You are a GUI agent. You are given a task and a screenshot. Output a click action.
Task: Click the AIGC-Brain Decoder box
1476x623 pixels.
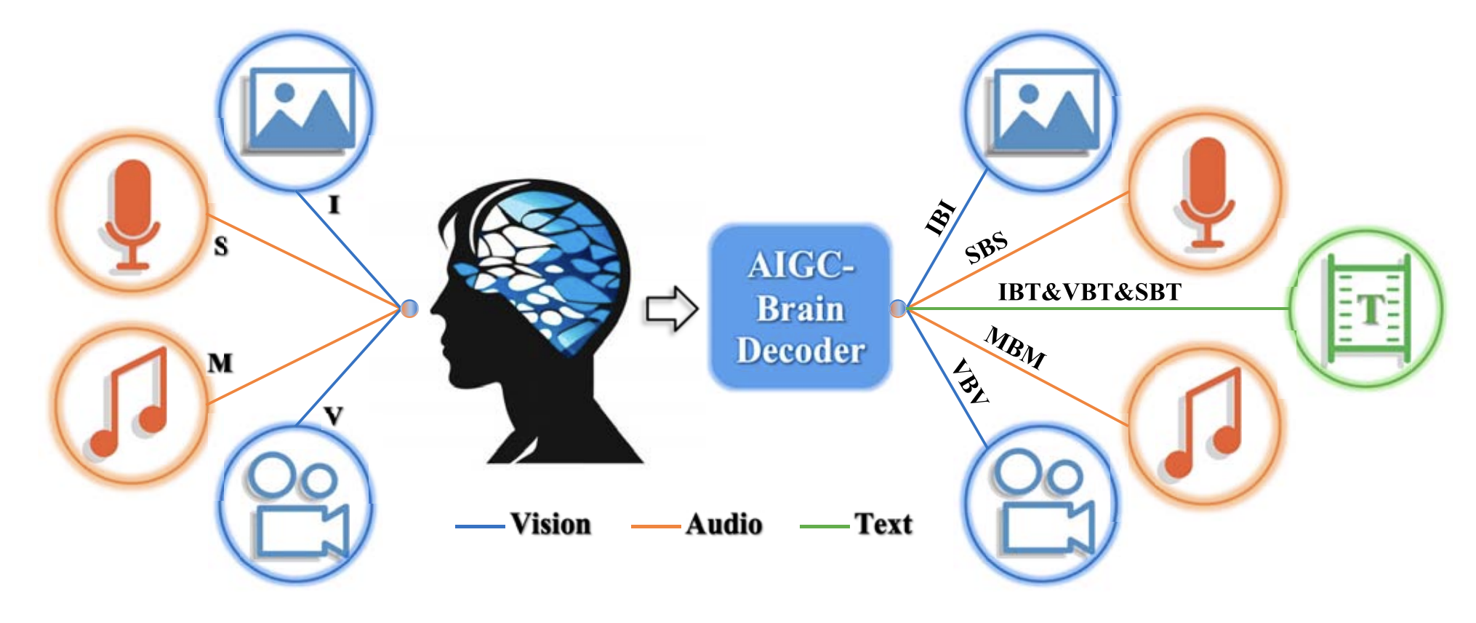pyautogui.click(x=800, y=307)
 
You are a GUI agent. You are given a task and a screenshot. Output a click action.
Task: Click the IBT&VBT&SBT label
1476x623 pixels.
pyautogui.click(x=1089, y=292)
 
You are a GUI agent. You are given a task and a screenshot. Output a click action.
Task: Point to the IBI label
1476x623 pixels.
pyautogui.click(x=939, y=217)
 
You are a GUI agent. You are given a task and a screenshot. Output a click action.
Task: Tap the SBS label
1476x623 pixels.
pyautogui.click(x=986, y=247)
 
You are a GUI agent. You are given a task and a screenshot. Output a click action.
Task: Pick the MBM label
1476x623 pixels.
pyautogui.click(x=1015, y=348)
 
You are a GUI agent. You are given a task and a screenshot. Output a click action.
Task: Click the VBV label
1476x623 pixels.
pyautogui.click(x=970, y=381)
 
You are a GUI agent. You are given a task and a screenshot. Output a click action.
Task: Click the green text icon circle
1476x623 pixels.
pyautogui.click(x=1367, y=309)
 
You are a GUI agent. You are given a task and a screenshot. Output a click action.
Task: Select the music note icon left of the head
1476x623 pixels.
pyautogui.click(x=132, y=404)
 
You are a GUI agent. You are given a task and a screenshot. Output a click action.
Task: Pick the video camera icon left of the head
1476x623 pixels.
pyautogui.click(x=297, y=505)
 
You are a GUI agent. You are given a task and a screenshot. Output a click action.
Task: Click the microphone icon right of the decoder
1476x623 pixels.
pyautogui.click(x=1206, y=191)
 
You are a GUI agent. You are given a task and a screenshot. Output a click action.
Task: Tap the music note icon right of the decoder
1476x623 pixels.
pyautogui.click(x=1204, y=426)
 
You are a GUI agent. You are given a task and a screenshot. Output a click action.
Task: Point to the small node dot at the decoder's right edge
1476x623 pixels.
pyautogui.click(x=899, y=309)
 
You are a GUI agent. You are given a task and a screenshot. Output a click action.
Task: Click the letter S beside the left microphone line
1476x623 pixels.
pyautogui.click(x=221, y=247)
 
